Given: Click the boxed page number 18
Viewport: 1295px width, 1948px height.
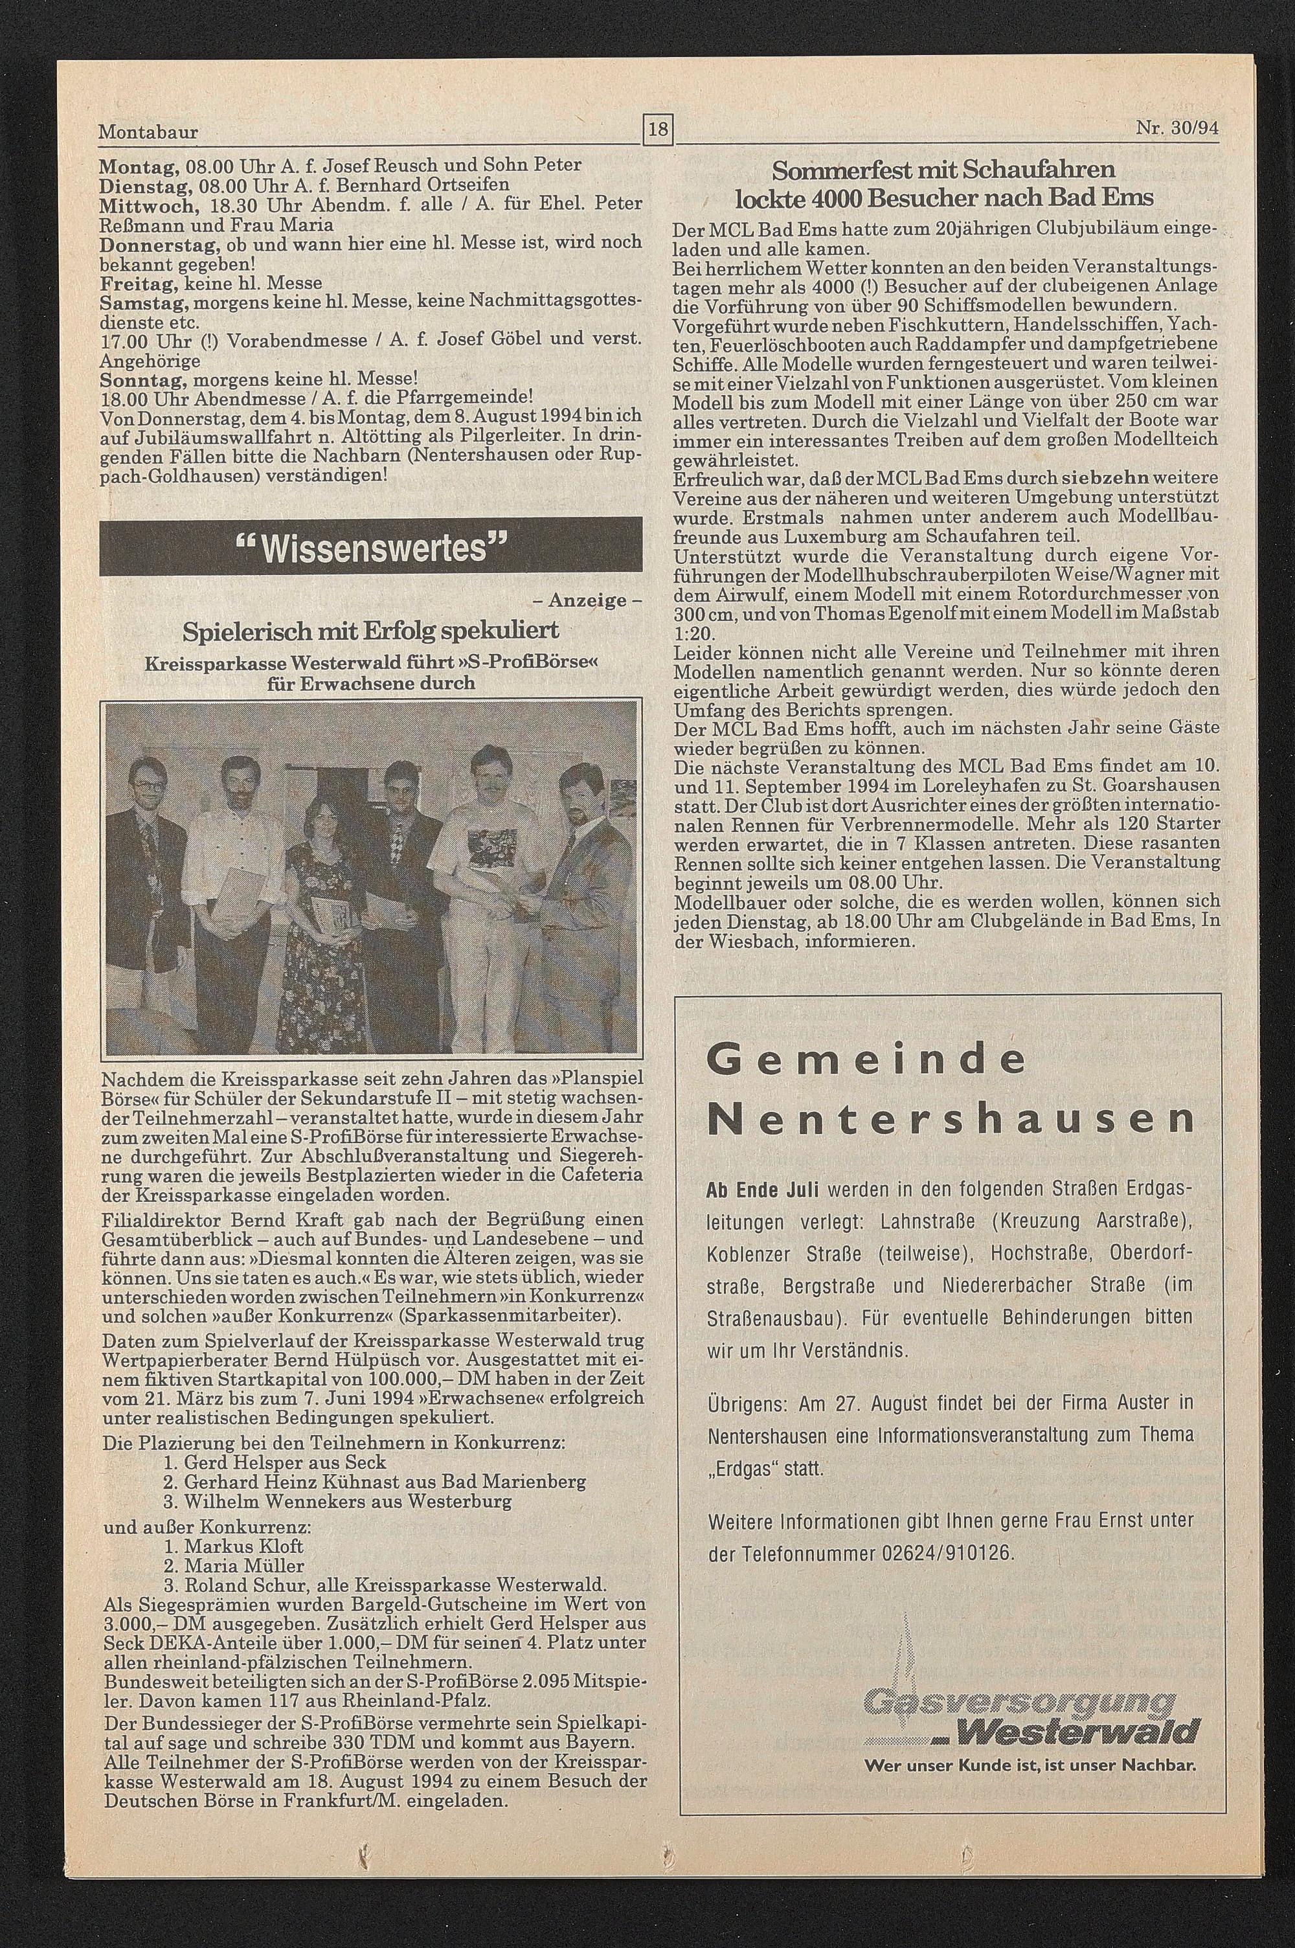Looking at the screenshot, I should (659, 130).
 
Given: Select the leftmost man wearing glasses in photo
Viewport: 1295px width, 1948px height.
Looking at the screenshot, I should (149, 867).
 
